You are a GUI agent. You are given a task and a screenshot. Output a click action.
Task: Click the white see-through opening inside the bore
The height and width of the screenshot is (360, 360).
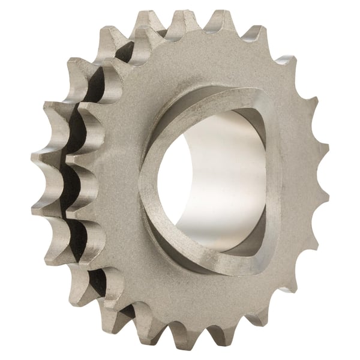click(180, 180)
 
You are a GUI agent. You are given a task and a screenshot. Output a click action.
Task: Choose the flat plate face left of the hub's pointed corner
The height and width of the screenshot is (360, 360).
click(114, 186)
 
